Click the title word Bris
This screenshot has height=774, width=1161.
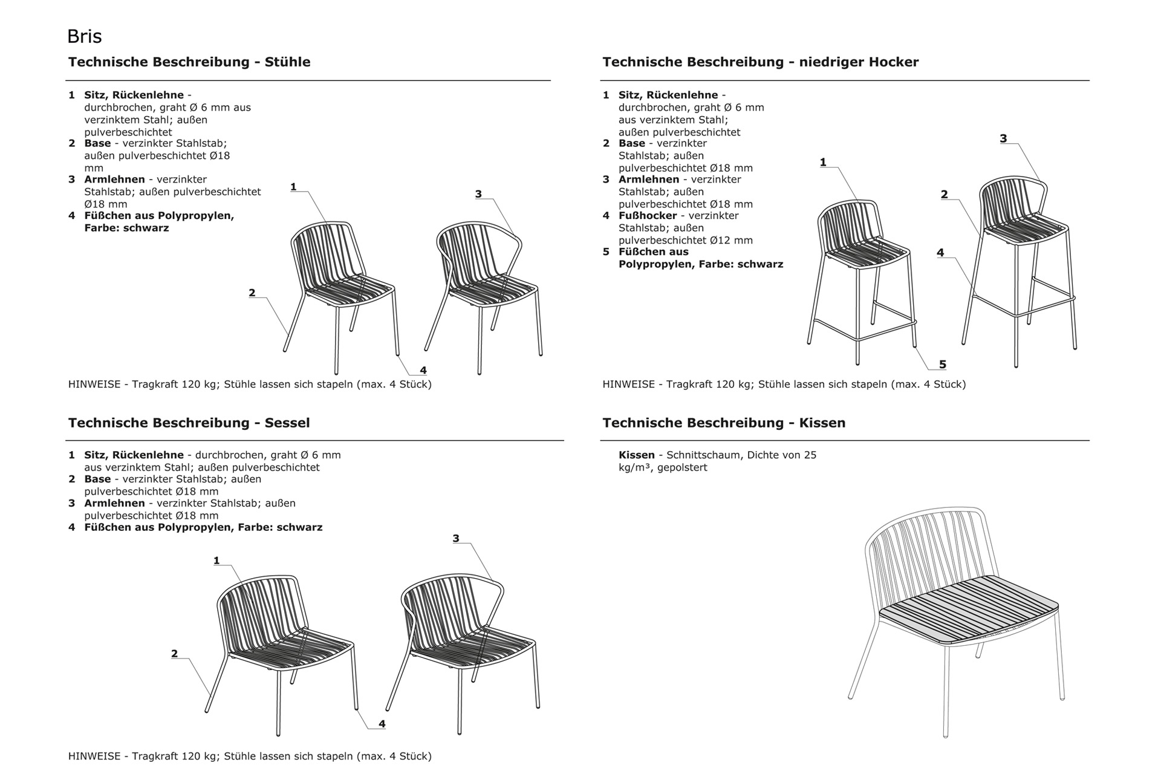pyautogui.click(x=84, y=37)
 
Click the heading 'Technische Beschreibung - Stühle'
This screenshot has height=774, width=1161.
pyautogui.click(x=189, y=62)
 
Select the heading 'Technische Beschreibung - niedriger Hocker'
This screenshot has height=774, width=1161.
pyautogui.click(x=760, y=62)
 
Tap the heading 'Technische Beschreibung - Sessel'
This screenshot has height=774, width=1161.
pyautogui.click(x=189, y=423)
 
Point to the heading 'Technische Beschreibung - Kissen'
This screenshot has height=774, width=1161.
pyautogui.click(x=724, y=423)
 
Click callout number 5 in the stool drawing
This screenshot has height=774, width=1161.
pyautogui.click(x=942, y=364)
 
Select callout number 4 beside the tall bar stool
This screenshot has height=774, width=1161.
pyautogui.click(x=940, y=253)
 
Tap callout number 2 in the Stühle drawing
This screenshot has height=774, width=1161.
pyautogui.click(x=252, y=293)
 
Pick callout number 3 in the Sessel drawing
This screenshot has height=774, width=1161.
pyautogui.click(x=456, y=538)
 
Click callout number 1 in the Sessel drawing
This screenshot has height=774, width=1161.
pyautogui.click(x=216, y=561)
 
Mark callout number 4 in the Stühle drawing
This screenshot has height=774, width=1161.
pyautogui.click(x=423, y=370)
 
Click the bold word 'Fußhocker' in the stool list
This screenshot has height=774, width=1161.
pyautogui.click(x=648, y=215)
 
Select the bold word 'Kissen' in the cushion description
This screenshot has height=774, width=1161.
pyautogui.click(x=636, y=455)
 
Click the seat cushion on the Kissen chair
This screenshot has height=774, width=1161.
pyautogui.click(x=968, y=608)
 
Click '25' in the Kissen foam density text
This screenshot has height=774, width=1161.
pyautogui.click(x=810, y=455)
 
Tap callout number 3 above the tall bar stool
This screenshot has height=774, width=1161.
pyautogui.click(x=1003, y=138)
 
